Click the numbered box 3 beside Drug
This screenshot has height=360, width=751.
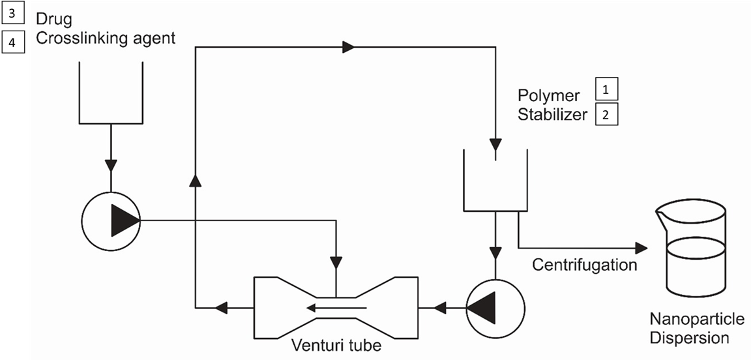click(14, 14)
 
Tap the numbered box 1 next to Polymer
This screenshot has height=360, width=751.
click(605, 89)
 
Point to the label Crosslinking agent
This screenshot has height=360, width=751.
click(106, 38)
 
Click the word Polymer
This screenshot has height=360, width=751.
click(548, 96)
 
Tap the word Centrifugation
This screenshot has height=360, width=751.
click(584, 265)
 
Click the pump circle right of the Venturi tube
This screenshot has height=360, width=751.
click(495, 306)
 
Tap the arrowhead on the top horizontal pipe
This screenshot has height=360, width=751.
click(349, 46)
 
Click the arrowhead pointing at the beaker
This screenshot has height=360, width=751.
click(641, 248)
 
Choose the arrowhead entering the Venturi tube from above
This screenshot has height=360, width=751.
click(336, 263)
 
